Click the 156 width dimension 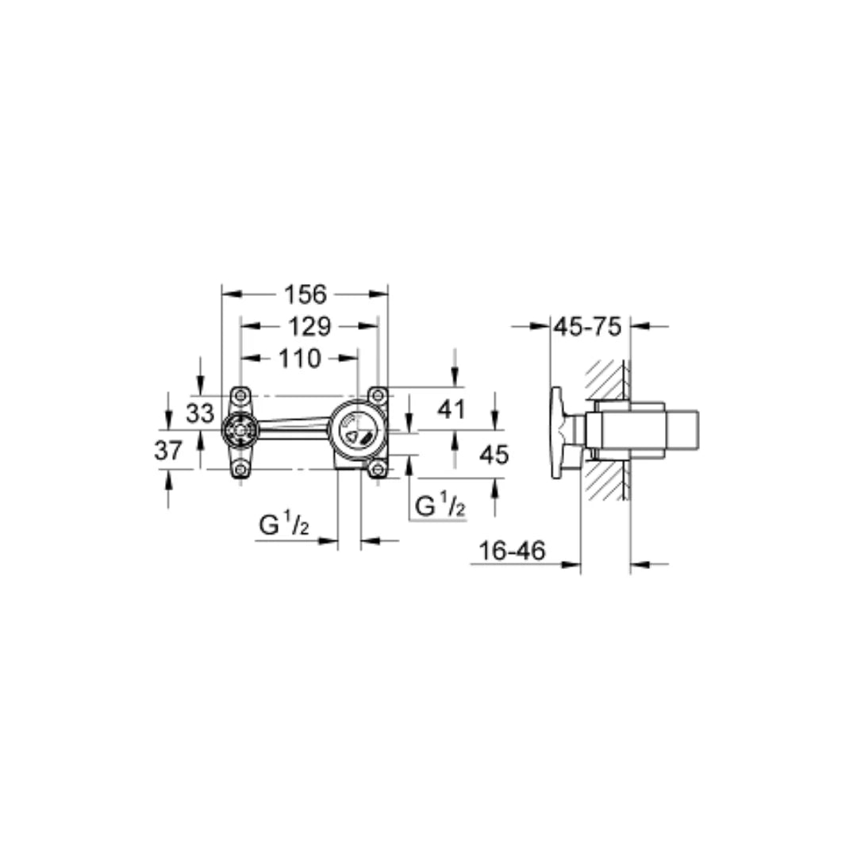click(x=306, y=294)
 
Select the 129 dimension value click(x=309, y=326)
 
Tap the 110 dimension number click(x=299, y=359)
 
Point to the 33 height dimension click(x=200, y=413)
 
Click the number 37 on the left click(x=168, y=451)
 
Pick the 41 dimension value click(x=453, y=409)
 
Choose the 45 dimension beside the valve click(x=494, y=454)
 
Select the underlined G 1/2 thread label click(x=440, y=505)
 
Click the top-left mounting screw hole click(x=240, y=394)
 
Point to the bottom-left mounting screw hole click(x=240, y=470)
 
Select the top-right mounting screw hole click(x=379, y=394)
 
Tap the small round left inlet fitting click(x=239, y=432)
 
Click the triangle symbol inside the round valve click(x=350, y=436)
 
